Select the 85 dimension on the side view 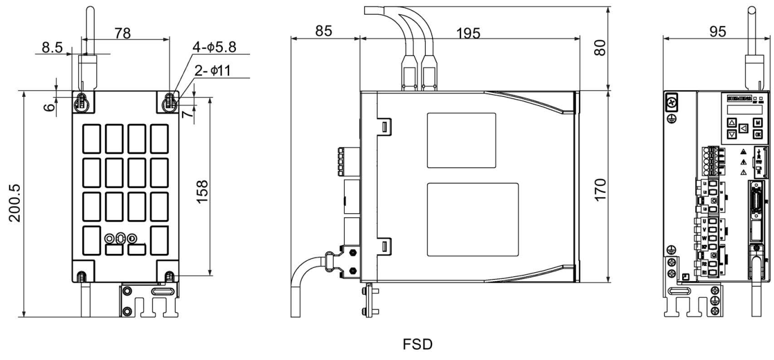click(x=323, y=31)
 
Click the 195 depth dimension click(x=468, y=33)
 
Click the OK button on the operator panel click(x=758, y=134)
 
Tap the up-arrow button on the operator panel click(x=731, y=122)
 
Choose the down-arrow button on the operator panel click(x=731, y=135)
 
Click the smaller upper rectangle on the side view click(x=461, y=140)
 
